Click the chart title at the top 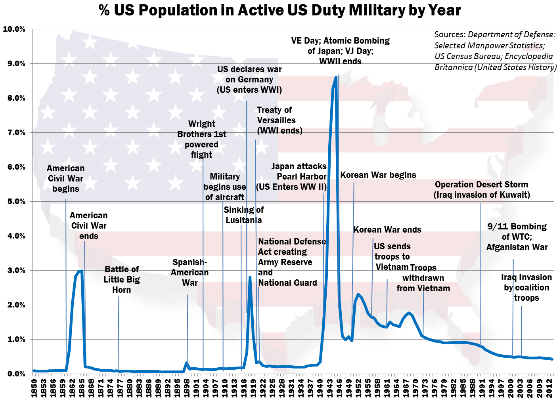click(279, 10)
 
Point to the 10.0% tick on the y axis click(14, 29)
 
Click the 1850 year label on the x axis click(34, 388)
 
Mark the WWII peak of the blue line click(336, 77)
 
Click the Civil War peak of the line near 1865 click(82, 271)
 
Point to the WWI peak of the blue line click(250, 277)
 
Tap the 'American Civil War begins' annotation click(65, 179)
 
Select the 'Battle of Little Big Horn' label click(121, 280)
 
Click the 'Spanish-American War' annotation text click(190, 273)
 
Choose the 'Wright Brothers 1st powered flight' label click(201, 139)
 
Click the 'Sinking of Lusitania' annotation click(243, 215)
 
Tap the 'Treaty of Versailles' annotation click(279, 120)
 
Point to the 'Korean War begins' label click(378, 175)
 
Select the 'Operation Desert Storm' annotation click(481, 190)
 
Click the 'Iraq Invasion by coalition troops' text click(526, 288)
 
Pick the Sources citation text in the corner click(495, 51)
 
